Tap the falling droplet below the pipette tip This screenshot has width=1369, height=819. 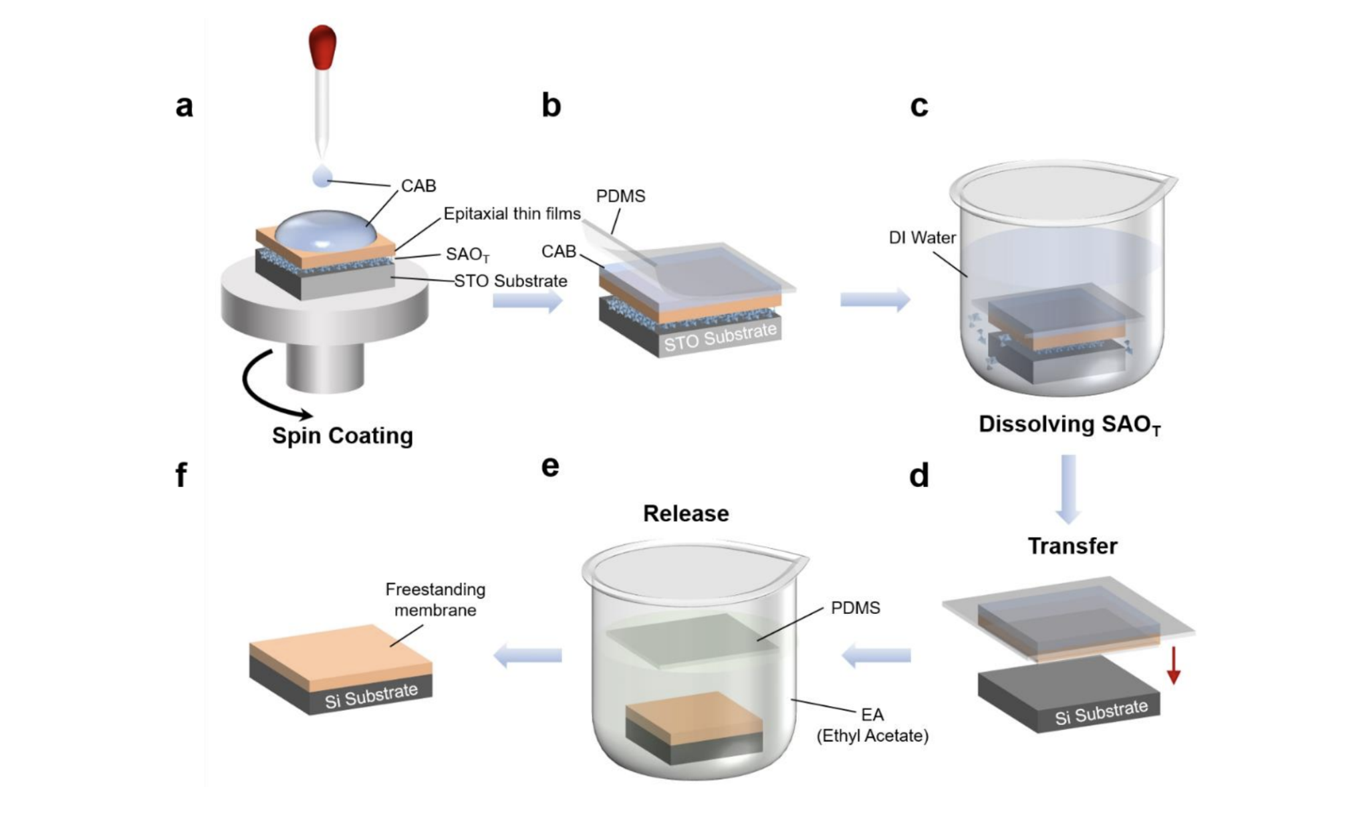point(323,177)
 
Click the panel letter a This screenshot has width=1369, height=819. point(184,106)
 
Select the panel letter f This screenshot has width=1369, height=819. point(181,475)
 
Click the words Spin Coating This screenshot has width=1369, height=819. point(342,436)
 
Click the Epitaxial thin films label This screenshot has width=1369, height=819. point(512,214)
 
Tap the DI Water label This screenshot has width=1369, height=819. point(922,237)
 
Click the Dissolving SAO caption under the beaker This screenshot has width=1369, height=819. point(1069,425)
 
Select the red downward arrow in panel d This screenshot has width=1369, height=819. point(1173,665)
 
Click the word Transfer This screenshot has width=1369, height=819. point(1072,546)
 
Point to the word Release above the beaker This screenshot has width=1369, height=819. point(686,513)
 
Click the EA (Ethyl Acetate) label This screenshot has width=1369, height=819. point(872,725)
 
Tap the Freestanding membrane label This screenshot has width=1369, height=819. point(435,599)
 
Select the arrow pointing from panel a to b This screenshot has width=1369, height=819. point(527,301)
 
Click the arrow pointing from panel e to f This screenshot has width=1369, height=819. point(527,655)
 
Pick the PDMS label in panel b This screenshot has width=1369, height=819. point(620,196)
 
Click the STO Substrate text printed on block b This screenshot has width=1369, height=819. point(720,337)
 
